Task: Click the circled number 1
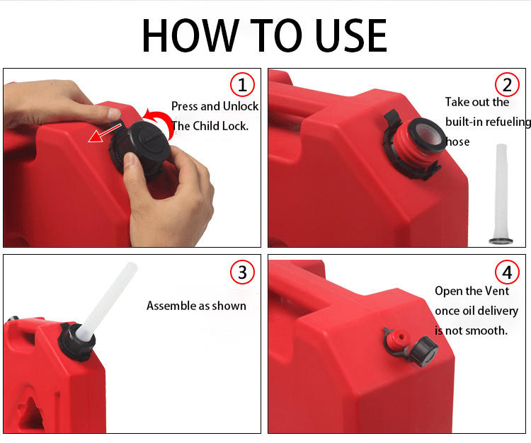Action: click(242, 85)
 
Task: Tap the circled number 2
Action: click(507, 85)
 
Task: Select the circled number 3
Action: click(242, 272)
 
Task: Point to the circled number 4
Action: click(507, 272)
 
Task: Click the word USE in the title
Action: click(351, 35)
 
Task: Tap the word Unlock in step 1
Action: click(241, 106)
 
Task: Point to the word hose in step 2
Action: click(457, 142)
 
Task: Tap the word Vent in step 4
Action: click(497, 291)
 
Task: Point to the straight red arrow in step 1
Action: click(104, 133)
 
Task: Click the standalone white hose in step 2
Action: click(501, 195)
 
